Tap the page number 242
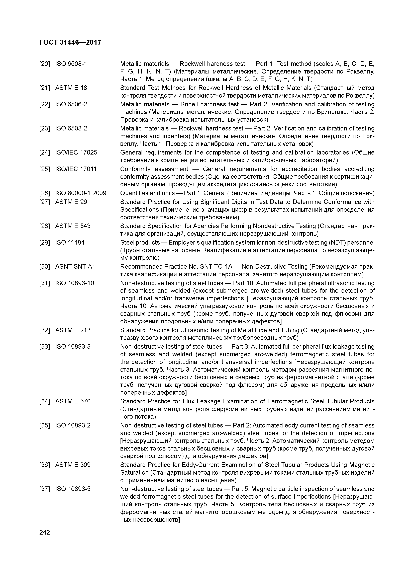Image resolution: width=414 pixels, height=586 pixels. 45,532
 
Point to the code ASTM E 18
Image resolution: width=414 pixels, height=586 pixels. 71,88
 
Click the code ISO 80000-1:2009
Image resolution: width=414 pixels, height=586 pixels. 81,193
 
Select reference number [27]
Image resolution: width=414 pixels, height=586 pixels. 45,202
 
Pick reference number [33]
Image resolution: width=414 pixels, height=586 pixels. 45,347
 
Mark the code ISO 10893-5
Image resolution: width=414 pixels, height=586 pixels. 73,489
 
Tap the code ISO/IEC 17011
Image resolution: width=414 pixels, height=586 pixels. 76,169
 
